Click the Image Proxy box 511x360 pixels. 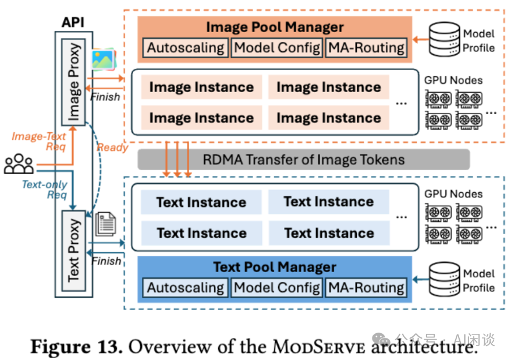(74, 82)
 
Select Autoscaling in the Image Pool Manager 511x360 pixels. (186, 48)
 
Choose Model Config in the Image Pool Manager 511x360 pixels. (277, 48)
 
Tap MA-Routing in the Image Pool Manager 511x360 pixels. (366, 48)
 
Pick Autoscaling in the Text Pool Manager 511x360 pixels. (186, 288)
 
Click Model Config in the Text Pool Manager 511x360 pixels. (277, 288)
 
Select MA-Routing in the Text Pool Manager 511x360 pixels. (366, 288)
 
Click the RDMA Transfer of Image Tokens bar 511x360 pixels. (303, 159)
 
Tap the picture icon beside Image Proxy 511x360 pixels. (103, 59)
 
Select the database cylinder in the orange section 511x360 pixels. (443, 40)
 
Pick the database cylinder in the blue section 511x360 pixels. (443, 280)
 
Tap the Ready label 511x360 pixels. (112, 147)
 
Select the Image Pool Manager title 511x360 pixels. (275, 27)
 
